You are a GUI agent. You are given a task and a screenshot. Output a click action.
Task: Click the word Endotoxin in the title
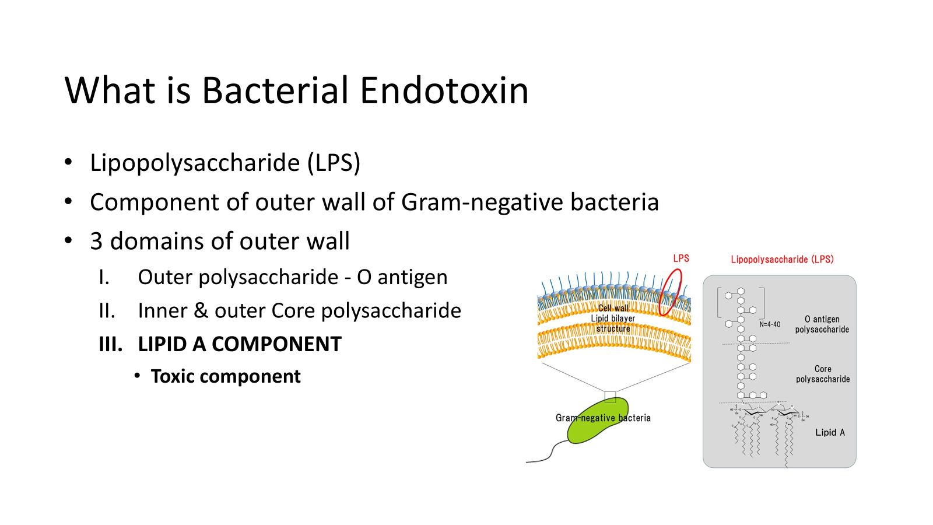tap(444, 91)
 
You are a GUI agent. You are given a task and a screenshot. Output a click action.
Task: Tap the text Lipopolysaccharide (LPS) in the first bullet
tap(225, 163)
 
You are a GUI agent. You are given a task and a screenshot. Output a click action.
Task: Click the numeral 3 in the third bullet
tap(96, 242)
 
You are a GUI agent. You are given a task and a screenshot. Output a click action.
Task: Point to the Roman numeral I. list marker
tap(104, 278)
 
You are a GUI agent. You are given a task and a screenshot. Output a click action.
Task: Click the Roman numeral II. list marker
tap(107, 311)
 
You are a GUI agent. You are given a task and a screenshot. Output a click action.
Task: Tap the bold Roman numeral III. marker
tap(111, 345)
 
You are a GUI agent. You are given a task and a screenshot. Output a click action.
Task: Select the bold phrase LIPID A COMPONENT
tap(240, 345)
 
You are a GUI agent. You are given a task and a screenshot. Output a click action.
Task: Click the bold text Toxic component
tap(226, 377)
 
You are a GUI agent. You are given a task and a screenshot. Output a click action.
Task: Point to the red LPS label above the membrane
tap(681, 258)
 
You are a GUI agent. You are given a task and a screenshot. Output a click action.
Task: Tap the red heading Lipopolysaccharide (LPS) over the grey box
tap(782, 260)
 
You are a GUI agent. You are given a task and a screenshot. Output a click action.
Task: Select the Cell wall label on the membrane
tap(613, 308)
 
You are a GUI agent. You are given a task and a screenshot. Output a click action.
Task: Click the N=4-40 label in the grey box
tap(770, 324)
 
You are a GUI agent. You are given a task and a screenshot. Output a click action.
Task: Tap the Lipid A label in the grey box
tap(830, 432)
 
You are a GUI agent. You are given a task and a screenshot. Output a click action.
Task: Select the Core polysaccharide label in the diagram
tap(823, 374)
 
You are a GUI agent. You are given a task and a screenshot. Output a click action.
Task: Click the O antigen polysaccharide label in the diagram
tap(822, 324)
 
